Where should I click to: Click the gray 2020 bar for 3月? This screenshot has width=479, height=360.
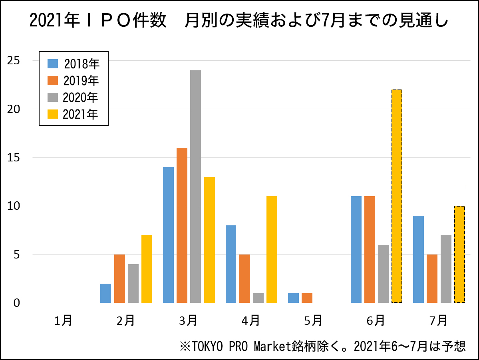pyautogui.click(x=195, y=186)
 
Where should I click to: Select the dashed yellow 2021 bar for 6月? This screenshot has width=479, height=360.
pyautogui.click(x=397, y=196)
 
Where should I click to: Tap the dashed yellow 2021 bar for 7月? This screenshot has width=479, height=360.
pyautogui.click(x=459, y=254)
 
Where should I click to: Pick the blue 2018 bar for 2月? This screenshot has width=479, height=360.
pyautogui.click(x=105, y=293)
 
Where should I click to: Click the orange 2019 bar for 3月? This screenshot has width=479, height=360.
pyautogui.click(x=182, y=225)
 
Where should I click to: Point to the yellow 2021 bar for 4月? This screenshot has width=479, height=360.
pyautogui.click(x=272, y=249)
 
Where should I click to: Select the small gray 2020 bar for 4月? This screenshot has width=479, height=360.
pyautogui.click(x=258, y=298)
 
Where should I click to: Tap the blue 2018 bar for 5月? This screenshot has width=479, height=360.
pyautogui.click(x=293, y=298)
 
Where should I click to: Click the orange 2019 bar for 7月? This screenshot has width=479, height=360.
pyautogui.click(x=432, y=278)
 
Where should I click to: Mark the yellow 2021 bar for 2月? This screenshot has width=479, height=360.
pyautogui.click(x=147, y=269)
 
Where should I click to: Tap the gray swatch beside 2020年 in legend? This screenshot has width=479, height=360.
pyautogui.click(x=53, y=97)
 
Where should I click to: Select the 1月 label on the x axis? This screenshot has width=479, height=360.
pyautogui.click(x=63, y=320)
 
